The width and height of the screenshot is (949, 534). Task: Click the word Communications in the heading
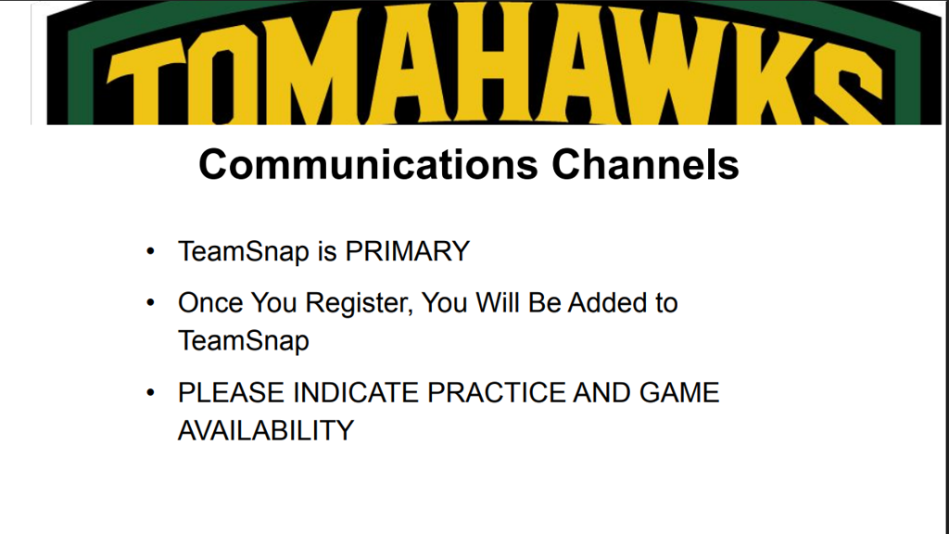[368, 164]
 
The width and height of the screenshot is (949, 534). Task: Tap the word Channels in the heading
[645, 164]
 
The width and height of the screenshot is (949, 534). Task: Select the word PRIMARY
[408, 251]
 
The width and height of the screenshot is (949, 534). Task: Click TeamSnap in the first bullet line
[244, 252]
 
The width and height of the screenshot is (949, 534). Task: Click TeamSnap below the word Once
[244, 341]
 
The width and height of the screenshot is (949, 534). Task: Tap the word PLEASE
[231, 393]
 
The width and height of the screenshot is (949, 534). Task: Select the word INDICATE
[356, 393]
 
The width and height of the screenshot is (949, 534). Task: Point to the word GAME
[679, 393]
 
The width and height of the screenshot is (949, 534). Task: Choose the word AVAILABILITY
[266, 431]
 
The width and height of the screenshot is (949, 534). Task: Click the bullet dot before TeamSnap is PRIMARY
[151, 251]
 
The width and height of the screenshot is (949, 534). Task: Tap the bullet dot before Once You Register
[151, 303]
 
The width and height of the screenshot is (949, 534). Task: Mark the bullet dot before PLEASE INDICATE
[151, 393]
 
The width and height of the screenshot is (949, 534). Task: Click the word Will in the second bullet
[498, 303]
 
